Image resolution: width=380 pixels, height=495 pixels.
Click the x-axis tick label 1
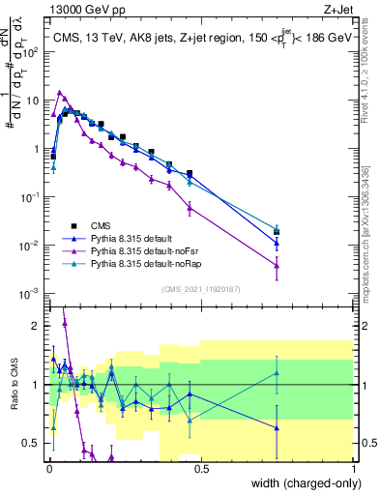point(353,470)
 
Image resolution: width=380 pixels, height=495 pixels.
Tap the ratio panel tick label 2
point(36,326)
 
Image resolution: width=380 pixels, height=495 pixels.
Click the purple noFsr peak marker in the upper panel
point(61,93)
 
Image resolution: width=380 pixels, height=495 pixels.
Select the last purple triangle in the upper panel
point(277,264)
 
